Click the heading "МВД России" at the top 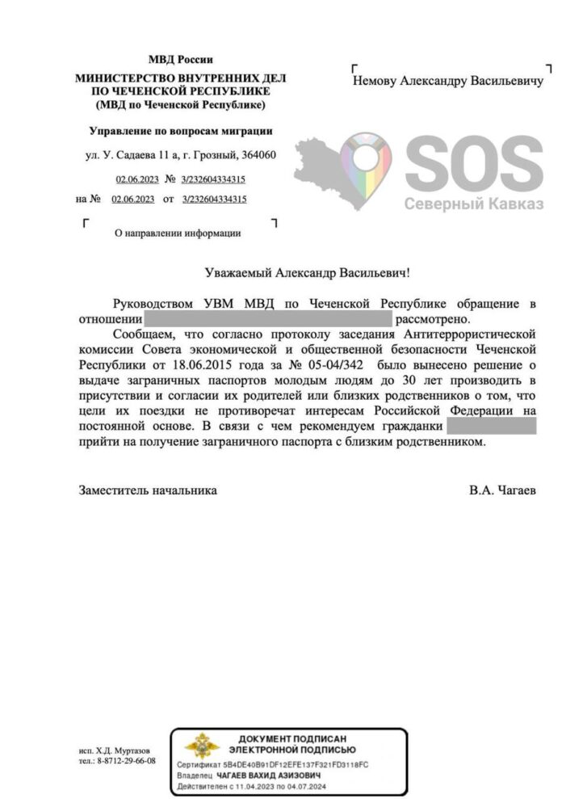pos(180,60)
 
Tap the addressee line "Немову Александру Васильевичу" pos(448,81)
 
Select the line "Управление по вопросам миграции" pos(180,131)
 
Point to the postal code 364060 pos(258,155)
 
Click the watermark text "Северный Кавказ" pos(474,204)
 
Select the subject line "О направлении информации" pos(178,233)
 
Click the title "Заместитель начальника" pos(148,490)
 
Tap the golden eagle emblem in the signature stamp pos(202,747)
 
